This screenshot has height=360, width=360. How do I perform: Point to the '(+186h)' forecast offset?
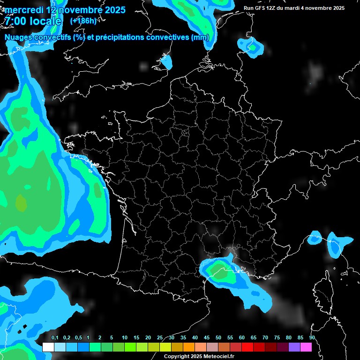coord(83,21)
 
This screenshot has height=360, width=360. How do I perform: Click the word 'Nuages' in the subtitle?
coord(19,38)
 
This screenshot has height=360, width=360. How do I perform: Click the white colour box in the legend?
coord(48,347)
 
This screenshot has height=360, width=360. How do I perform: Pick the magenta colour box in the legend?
coord(306,347)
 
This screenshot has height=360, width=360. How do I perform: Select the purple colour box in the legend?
coord(294,347)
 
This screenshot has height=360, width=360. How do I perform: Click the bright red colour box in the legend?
coord(247,347)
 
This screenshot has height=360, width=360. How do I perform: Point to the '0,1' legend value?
coord(54,338)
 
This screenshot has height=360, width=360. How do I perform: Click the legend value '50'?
coord(218,338)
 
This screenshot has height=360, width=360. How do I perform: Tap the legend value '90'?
coord(312,338)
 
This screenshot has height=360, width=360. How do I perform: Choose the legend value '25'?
coord(160,338)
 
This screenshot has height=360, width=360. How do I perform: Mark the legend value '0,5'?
coord(78,338)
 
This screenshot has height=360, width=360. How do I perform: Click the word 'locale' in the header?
coord(45,21)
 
